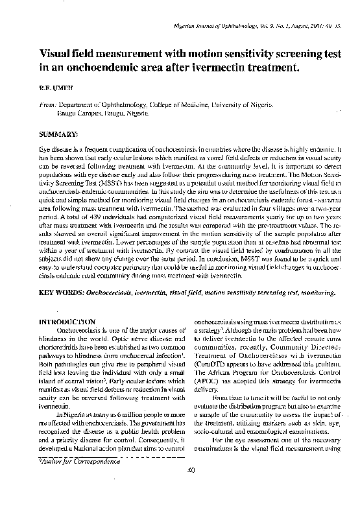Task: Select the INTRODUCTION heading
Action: click(67, 322)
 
